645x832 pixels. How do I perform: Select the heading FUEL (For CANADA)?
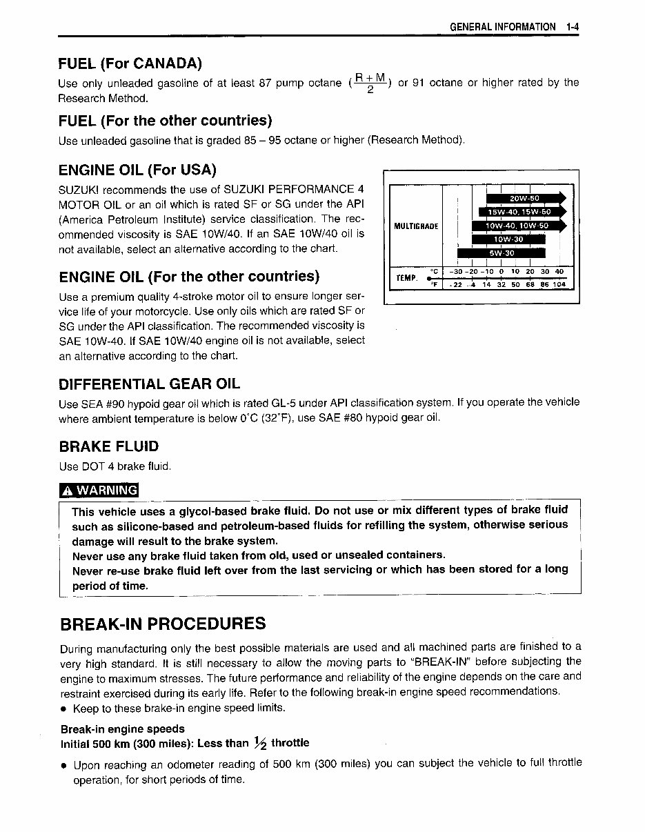pos(130,63)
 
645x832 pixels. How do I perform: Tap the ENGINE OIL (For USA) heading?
pos(138,170)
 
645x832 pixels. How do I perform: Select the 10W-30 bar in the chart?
pos(508,239)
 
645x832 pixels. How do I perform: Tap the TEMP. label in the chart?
pos(406,278)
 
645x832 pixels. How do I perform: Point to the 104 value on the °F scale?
pos(559,284)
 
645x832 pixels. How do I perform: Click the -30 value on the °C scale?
pos(454,272)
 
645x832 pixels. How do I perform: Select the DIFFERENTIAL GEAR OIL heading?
pos(150,384)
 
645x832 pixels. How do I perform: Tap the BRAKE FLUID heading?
pos(108,446)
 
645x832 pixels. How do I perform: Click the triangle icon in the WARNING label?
pos(68,491)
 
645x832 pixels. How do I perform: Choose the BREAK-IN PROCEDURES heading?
pos(163,624)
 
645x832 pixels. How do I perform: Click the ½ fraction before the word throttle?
pos(259,742)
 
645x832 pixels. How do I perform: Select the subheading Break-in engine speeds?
pos(123,729)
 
